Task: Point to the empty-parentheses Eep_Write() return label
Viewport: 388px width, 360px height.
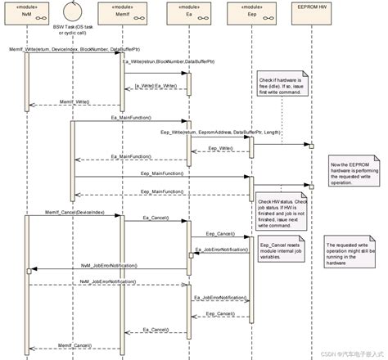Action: coord(219,148)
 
